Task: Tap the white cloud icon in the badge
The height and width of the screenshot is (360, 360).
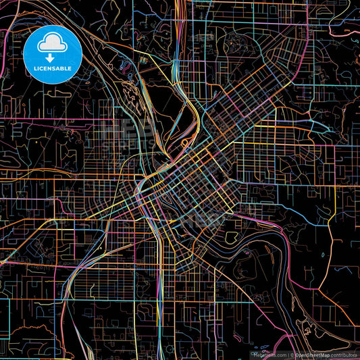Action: click(x=52, y=44)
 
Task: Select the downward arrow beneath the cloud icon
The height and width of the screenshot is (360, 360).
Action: click(x=52, y=59)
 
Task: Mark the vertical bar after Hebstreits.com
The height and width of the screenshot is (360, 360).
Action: click(x=288, y=354)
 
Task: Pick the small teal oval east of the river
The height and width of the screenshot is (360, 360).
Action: click(x=323, y=255)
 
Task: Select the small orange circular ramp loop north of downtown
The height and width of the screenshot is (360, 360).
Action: click(x=184, y=143)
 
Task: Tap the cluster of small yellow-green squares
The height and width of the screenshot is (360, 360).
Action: click(x=143, y=60)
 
